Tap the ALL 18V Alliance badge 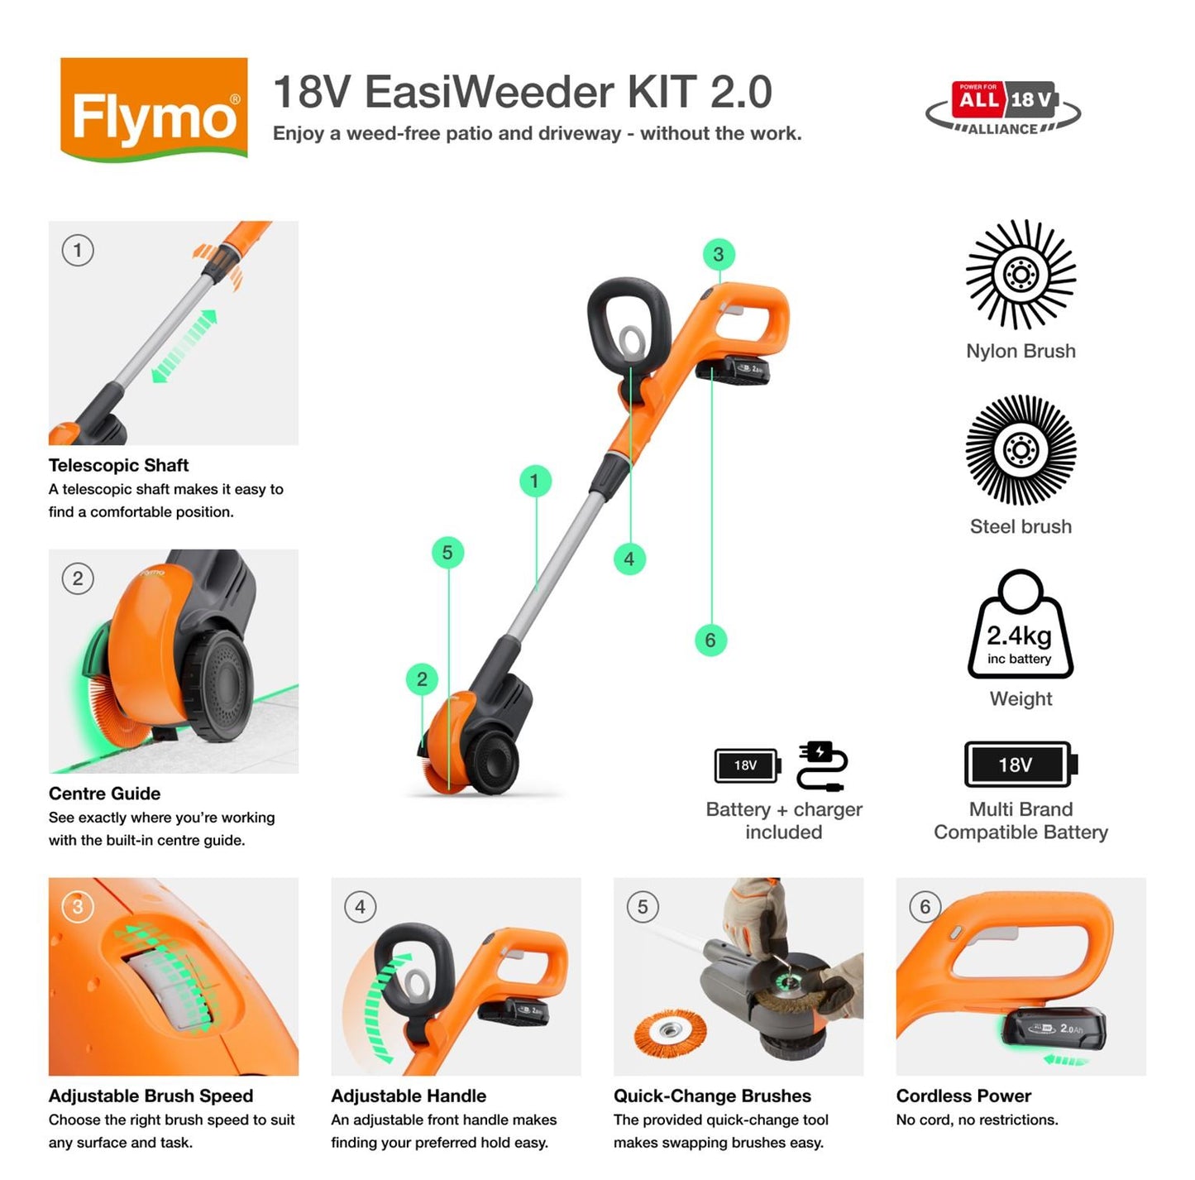[x=1002, y=108]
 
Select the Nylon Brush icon [x=1021, y=275]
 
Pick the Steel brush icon [x=1021, y=450]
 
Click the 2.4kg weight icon [x=1021, y=627]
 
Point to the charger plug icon [x=821, y=766]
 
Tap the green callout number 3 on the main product [x=718, y=255]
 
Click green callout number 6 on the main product [x=710, y=640]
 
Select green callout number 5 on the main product [x=447, y=553]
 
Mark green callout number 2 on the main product [x=422, y=679]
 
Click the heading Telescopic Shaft [x=118, y=465]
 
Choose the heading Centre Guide [x=104, y=794]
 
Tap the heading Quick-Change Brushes [x=712, y=1096]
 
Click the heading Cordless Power [x=963, y=1096]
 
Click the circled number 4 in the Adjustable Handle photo [x=360, y=907]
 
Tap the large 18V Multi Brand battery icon [x=1021, y=765]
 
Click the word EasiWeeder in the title [x=490, y=92]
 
